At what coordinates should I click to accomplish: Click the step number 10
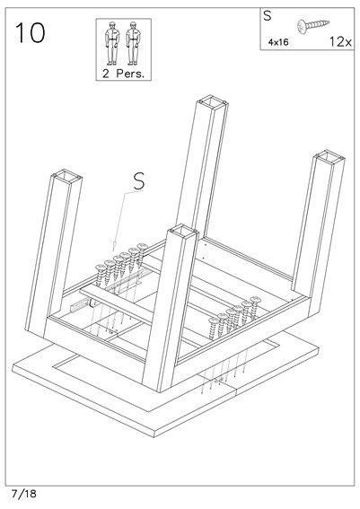(x=31, y=33)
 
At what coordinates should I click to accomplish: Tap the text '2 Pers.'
(x=122, y=72)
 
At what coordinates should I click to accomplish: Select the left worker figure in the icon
(x=112, y=42)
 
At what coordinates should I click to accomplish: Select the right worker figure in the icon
(x=133, y=42)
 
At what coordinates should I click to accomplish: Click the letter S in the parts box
(x=268, y=15)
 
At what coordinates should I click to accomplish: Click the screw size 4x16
(x=278, y=41)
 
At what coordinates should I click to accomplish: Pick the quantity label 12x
(x=338, y=40)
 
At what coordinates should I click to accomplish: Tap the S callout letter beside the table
(x=138, y=180)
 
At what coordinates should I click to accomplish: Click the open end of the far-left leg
(x=66, y=176)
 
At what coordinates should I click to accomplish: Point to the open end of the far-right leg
(x=329, y=159)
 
